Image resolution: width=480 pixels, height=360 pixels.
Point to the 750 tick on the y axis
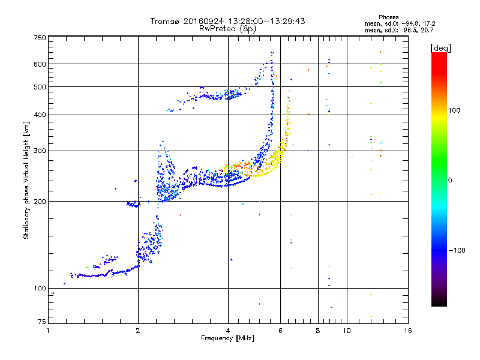point(40,38)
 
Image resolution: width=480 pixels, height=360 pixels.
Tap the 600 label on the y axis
point(40,64)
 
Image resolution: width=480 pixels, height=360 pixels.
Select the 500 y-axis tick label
point(40,87)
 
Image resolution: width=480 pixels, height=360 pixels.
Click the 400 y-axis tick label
point(40,115)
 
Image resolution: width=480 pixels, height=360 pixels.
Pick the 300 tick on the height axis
point(40,151)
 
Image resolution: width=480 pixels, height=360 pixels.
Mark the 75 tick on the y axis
point(41,322)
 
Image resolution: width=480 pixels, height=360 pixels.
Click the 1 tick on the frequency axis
point(49,330)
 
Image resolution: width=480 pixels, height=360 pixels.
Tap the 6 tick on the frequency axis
point(281,330)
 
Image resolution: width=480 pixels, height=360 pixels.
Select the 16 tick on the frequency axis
point(408,330)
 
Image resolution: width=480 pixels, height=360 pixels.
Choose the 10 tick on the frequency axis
point(347,330)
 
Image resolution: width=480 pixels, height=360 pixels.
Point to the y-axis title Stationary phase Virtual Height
point(26,180)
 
